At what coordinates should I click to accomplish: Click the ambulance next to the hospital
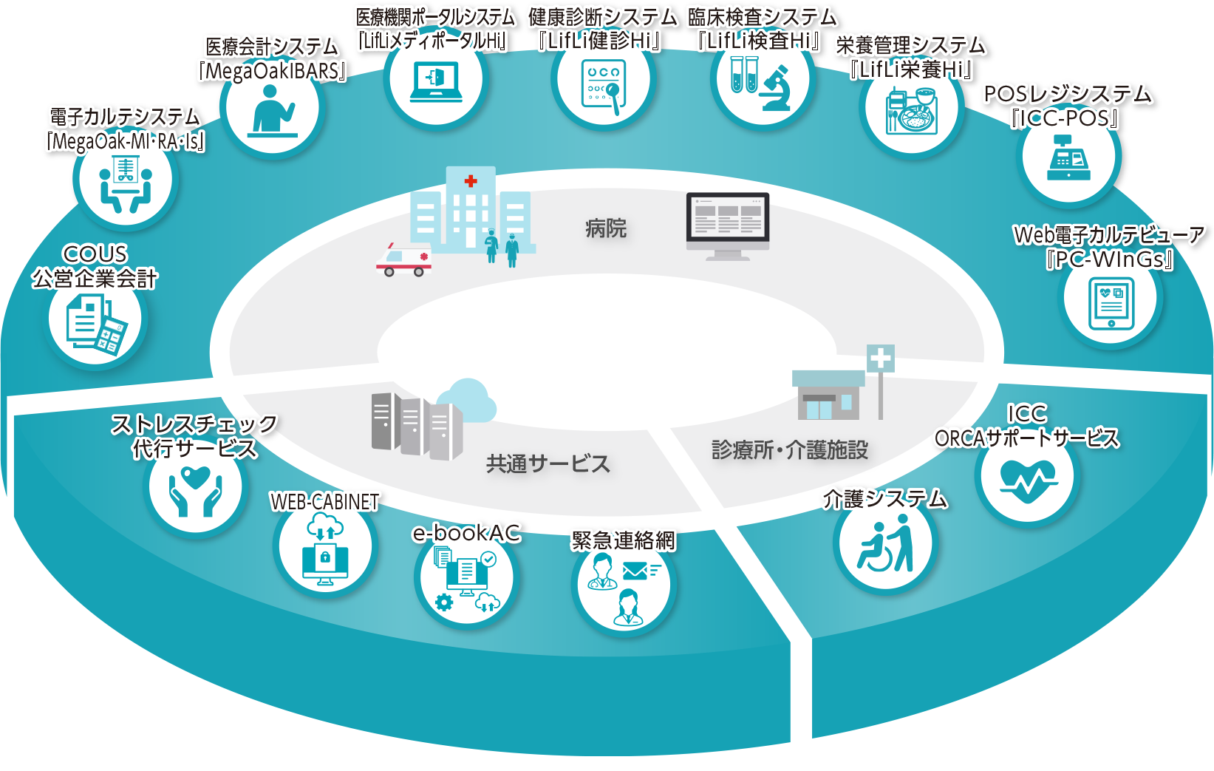403,259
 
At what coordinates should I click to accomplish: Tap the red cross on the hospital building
471,180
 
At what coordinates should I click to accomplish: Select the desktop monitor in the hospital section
728,224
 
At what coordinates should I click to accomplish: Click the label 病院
605,228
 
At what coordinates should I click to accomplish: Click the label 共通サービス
548,463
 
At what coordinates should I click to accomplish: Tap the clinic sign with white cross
880,359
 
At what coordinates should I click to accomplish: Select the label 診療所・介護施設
789,449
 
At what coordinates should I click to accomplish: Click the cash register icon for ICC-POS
1068,160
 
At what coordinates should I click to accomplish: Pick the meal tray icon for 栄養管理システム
912,111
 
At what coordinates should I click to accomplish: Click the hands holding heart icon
195,489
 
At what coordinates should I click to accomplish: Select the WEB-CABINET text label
325,502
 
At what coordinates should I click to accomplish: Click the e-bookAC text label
466,532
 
